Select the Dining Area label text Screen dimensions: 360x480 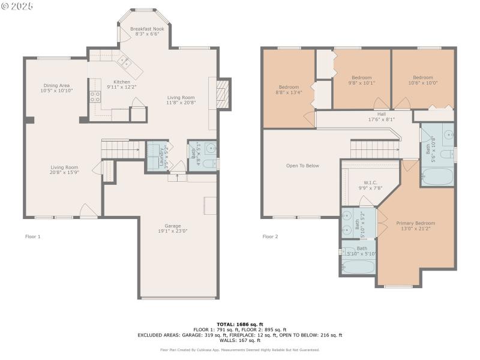(56, 85)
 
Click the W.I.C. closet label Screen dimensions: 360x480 (370, 182)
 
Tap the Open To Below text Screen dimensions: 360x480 (302, 166)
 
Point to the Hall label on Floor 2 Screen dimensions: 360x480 (382, 114)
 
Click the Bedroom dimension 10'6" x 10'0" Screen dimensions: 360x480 (422, 83)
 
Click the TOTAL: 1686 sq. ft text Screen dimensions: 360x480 (239, 324)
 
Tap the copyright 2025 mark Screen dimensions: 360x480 (18, 6)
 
